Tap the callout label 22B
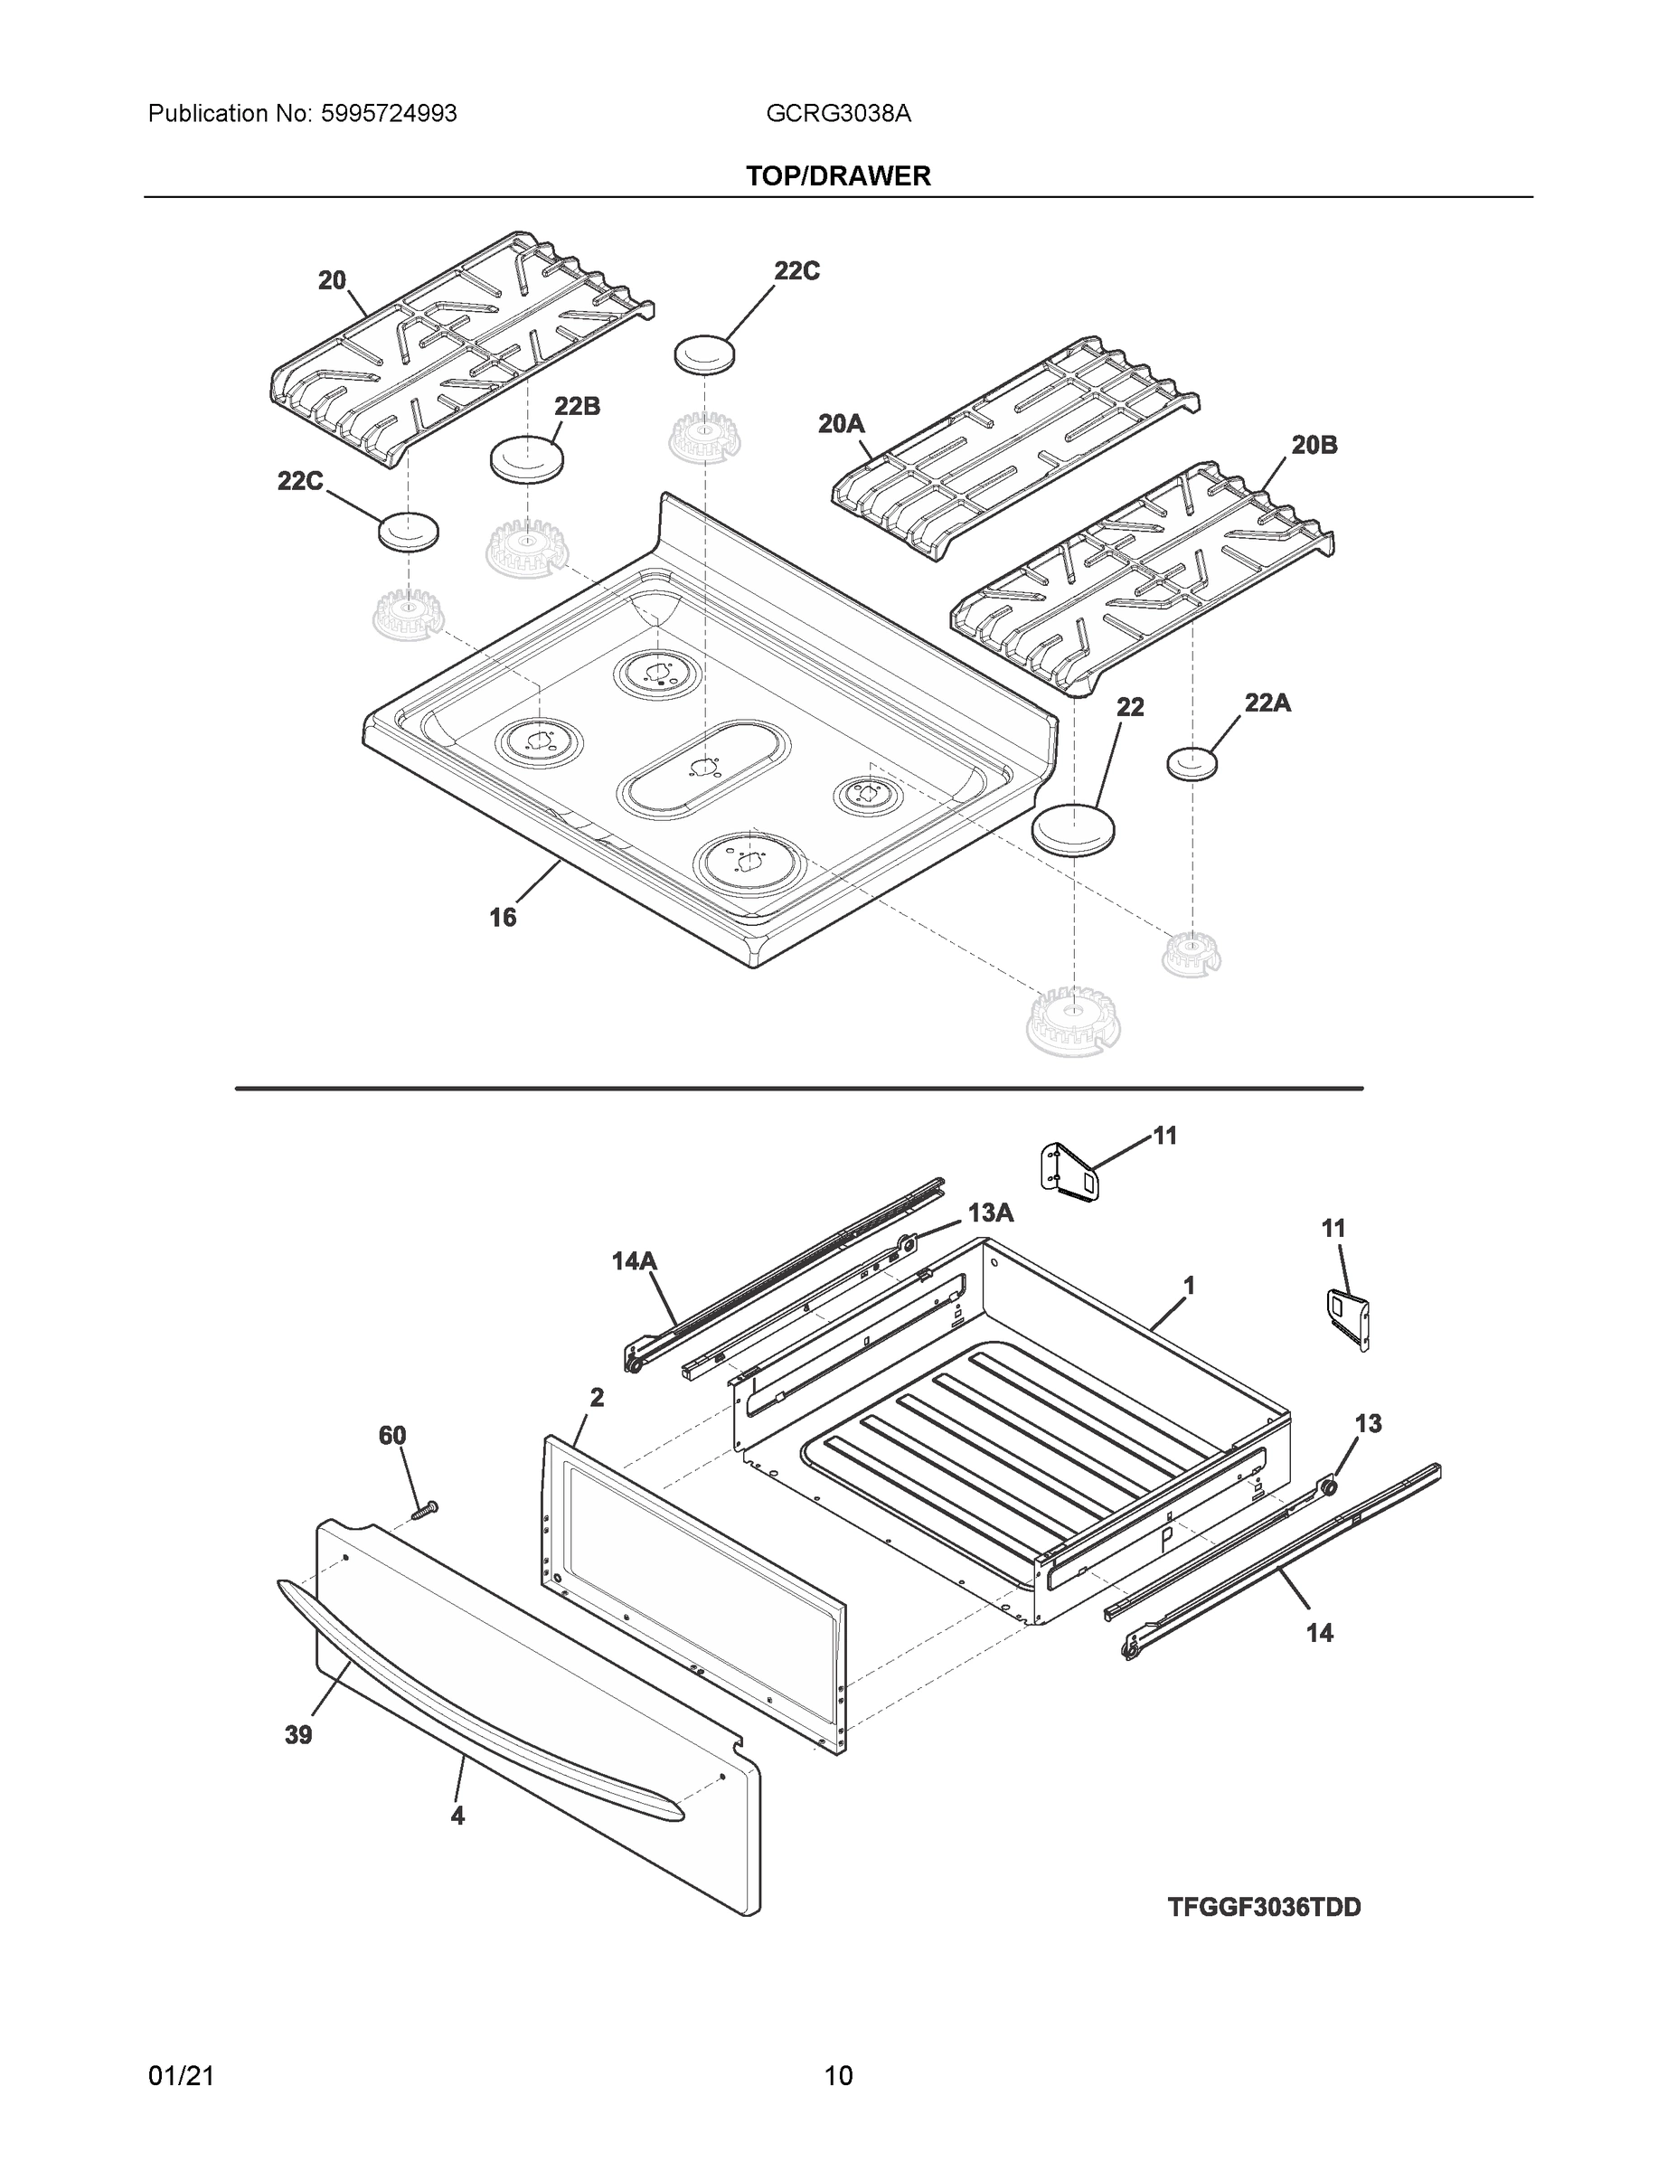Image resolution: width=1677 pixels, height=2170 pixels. [x=576, y=405]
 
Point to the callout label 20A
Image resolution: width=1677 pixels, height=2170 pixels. [x=841, y=424]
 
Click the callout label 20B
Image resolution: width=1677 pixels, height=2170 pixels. [x=1314, y=445]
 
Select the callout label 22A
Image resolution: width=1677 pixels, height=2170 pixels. [x=1267, y=703]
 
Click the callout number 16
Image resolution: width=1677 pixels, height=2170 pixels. [x=503, y=917]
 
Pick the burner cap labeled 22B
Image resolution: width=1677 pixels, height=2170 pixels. [x=526, y=458]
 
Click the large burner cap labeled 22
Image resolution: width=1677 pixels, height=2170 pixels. [x=1073, y=826]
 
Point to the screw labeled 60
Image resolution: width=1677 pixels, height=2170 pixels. [x=424, y=1510]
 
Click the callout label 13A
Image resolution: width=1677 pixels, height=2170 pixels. [x=991, y=1212]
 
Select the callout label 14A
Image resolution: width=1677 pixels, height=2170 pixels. [x=634, y=1261]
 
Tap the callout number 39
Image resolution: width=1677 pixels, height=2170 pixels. [x=298, y=1735]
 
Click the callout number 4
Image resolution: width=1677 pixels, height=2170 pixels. [x=457, y=1816]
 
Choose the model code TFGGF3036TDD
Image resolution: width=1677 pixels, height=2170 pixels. [x=1264, y=1907]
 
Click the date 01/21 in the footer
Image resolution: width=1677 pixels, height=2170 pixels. [x=181, y=2076]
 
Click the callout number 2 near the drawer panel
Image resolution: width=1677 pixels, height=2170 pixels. [x=596, y=1397]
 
